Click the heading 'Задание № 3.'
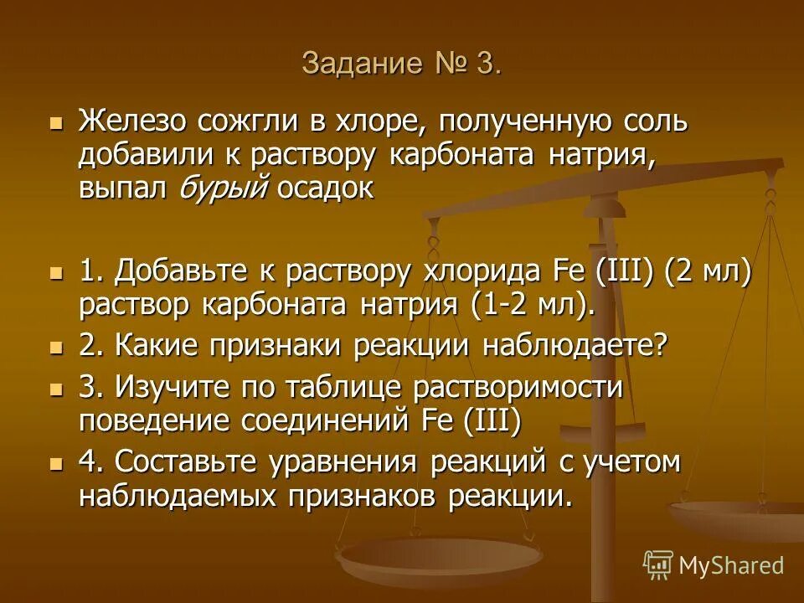402,64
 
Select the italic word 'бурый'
223,188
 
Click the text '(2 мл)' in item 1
708,271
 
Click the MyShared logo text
730,565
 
